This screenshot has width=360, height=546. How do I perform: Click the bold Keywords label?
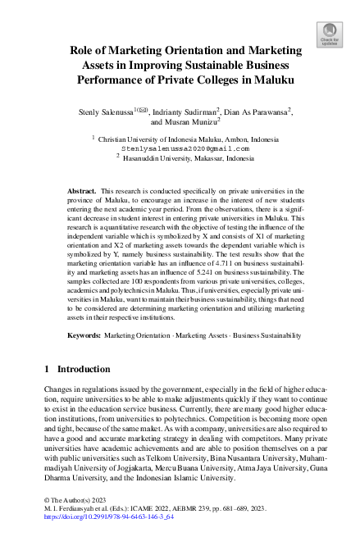(84, 335)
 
